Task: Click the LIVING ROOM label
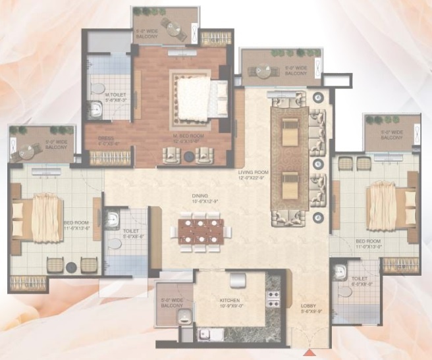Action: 250,174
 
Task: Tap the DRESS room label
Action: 106,139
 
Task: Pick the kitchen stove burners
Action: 273,299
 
